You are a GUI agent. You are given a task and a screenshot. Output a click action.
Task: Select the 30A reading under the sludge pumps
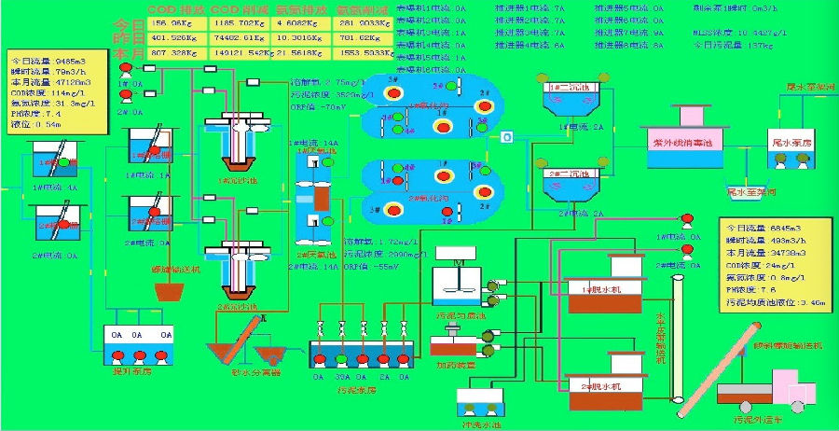tap(342, 377)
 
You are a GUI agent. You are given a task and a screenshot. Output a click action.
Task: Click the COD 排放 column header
tap(172, 11)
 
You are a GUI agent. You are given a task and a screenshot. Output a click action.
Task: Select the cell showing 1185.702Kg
tap(238, 24)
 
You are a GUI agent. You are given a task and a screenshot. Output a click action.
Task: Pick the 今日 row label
tap(122, 24)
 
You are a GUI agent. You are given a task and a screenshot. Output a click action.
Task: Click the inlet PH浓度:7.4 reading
tap(36, 113)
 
